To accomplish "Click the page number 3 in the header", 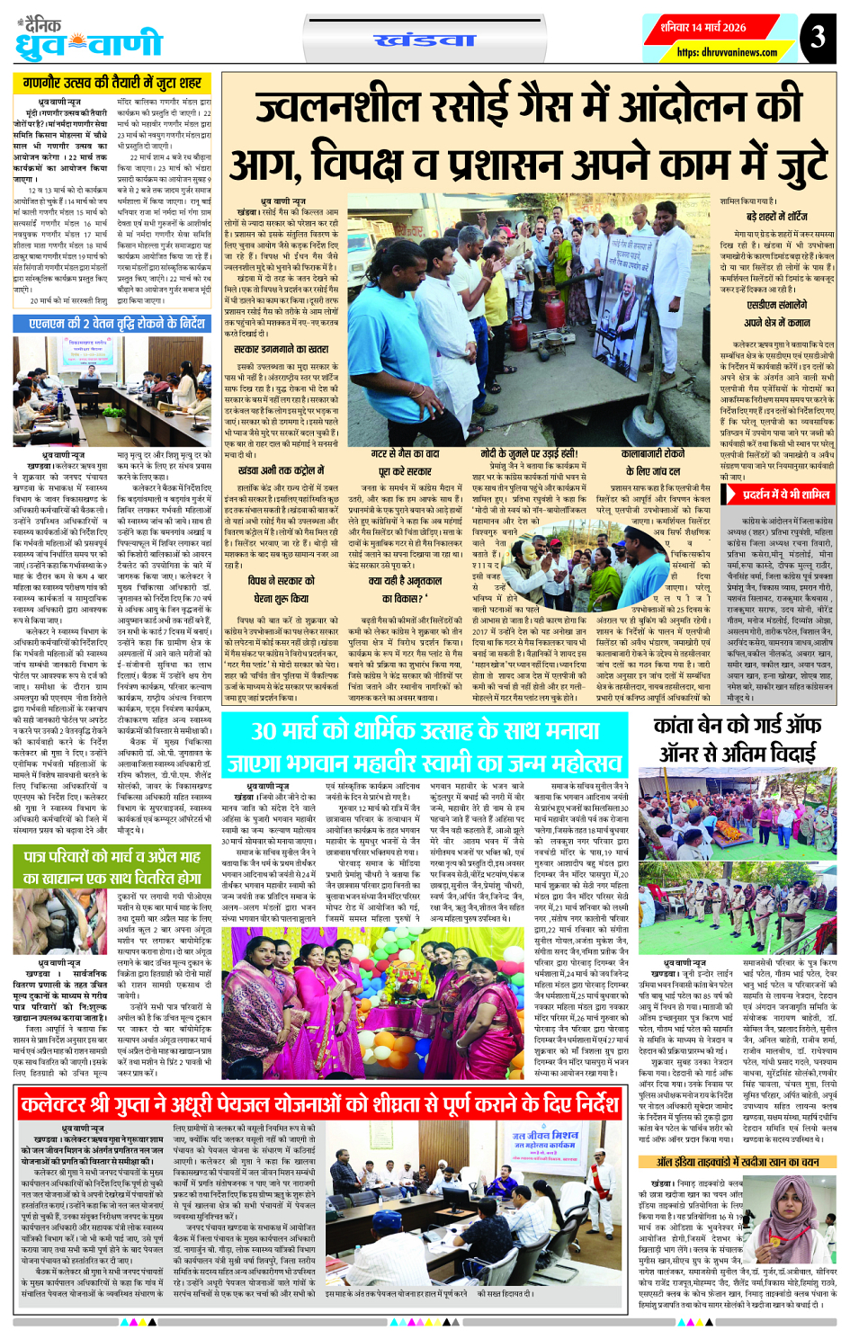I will (817, 37).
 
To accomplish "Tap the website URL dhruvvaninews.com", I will (727, 52).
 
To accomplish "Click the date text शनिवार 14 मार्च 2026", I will (703, 27).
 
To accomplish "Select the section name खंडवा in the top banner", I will (425, 40).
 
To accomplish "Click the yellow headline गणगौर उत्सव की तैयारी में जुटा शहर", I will (112, 84).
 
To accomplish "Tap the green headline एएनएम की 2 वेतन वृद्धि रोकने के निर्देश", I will (117, 323).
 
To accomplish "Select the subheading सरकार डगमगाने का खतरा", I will (281, 349).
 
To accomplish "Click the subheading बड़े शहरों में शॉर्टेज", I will (776, 218).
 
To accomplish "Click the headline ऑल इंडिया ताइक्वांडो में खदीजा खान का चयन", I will (738, 1162).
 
